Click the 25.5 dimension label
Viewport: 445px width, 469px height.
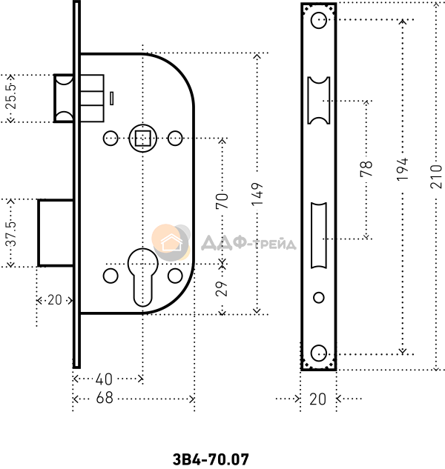[10, 96]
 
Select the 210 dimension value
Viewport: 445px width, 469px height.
[438, 177]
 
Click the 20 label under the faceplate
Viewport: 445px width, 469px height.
[317, 399]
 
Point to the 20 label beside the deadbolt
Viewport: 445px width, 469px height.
[53, 300]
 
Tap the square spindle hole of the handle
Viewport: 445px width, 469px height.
[142, 137]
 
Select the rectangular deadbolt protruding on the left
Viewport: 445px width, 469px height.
[55, 231]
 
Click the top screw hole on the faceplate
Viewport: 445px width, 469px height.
[319, 21]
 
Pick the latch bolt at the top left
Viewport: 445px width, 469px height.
[62, 96]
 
